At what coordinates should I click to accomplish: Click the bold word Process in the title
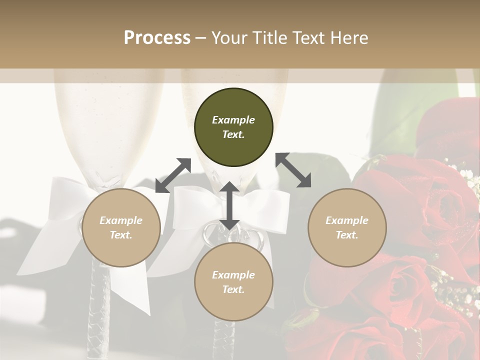(157, 38)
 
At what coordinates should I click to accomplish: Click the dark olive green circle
(233, 127)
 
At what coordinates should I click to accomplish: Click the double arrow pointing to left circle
(173, 175)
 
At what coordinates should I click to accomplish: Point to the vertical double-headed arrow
(229, 205)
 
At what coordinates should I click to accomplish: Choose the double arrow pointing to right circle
(293, 170)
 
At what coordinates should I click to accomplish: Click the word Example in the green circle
(233, 120)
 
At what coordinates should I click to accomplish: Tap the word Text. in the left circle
(121, 235)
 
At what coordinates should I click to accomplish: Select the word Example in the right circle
(347, 220)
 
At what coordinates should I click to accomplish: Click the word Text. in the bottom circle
(233, 289)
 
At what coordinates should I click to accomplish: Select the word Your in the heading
(228, 38)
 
